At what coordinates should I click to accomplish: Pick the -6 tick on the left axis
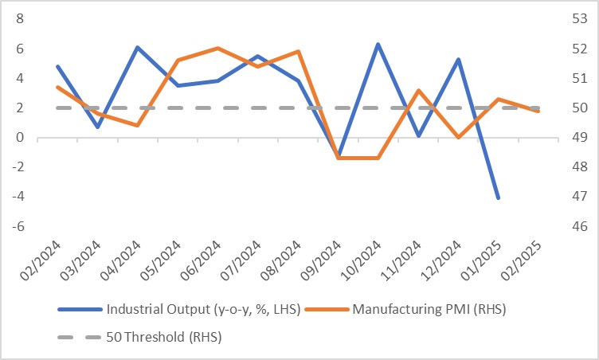[x=18, y=226]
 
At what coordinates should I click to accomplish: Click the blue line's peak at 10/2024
[x=378, y=44]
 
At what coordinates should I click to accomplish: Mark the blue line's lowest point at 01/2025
[x=498, y=198]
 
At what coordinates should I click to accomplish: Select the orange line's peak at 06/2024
[x=217, y=49]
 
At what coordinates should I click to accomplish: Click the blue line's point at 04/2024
[x=138, y=48]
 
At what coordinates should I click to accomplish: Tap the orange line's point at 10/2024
[x=378, y=158]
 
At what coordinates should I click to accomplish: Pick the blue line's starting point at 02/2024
[x=57, y=66]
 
